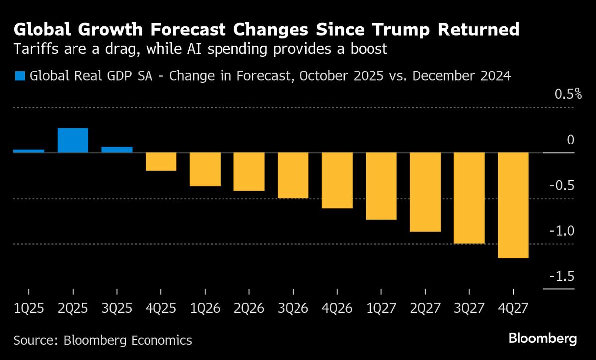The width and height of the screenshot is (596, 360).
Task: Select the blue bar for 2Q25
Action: (x=73, y=141)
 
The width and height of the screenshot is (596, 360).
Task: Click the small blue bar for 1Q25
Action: (x=29, y=151)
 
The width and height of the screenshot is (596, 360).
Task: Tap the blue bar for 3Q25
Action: (x=117, y=150)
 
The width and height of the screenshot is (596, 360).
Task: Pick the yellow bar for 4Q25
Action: (x=161, y=161)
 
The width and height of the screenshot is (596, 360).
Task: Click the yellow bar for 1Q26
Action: (x=205, y=169)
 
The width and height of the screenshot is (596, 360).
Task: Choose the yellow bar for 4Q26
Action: (x=337, y=180)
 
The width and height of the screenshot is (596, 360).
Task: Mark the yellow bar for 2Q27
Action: (x=425, y=192)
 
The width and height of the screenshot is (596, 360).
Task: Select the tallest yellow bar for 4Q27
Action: (x=513, y=205)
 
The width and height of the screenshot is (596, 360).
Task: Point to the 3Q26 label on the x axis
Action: (x=293, y=308)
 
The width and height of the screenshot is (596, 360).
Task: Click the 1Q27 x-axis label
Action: (x=381, y=308)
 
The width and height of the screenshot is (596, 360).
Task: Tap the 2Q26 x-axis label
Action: (x=249, y=308)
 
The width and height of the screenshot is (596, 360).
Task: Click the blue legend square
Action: (x=20, y=76)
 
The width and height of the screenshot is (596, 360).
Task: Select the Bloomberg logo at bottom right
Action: (x=542, y=339)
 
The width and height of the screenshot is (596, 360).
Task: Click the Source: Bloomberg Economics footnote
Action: (x=103, y=340)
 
